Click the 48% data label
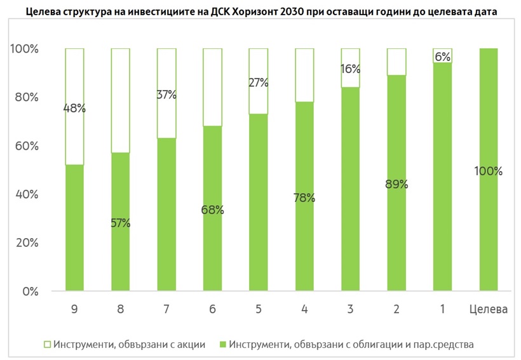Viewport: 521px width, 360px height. coord(74,108)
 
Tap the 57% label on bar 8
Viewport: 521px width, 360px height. coord(120,223)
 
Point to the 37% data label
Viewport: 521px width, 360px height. coord(166,95)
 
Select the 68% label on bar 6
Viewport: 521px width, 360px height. coord(212,210)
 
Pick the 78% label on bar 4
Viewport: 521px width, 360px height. coord(304,197)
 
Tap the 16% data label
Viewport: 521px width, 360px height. coord(349,69)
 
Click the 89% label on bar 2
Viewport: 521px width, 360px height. coord(396,185)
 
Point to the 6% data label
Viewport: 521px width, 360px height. coord(442,57)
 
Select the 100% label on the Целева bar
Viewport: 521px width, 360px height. coord(489,171)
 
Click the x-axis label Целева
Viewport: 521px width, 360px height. coord(489,309)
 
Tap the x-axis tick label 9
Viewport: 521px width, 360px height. coord(74,309)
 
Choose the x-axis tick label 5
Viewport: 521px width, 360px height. coord(257,309)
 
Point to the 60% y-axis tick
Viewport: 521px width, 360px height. coord(26,146)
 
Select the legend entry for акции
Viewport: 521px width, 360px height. coord(123,345)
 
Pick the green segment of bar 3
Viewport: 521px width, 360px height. coord(349,190)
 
